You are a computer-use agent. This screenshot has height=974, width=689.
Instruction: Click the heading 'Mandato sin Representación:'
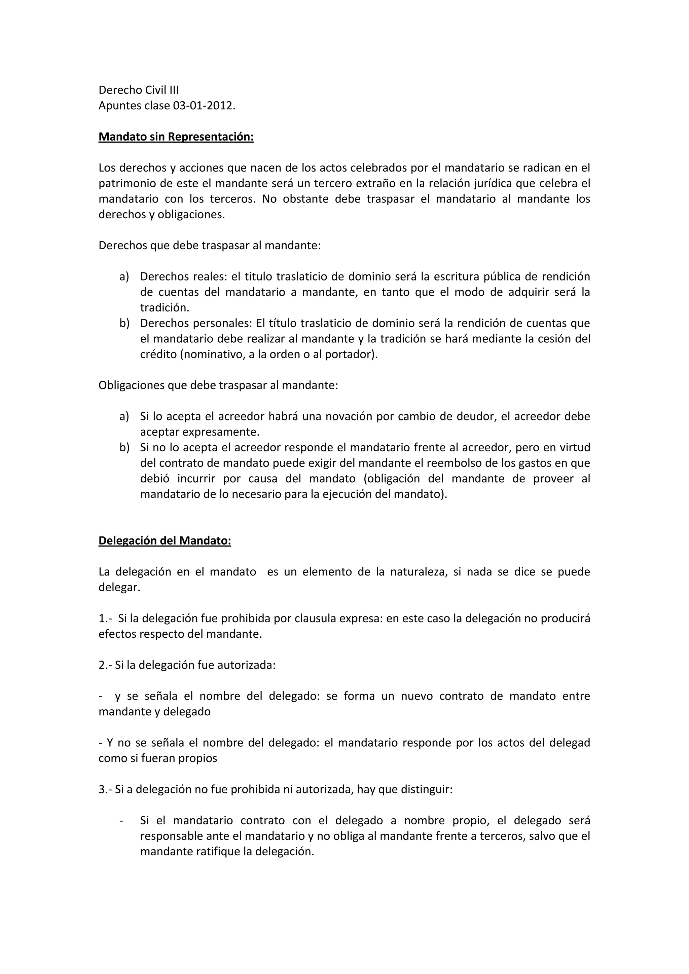pyautogui.click(x=176, y=137)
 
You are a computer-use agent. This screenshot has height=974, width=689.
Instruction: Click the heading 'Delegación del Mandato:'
pyautogui.click(x=165, y=541)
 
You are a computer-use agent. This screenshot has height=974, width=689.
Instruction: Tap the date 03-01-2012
pyautogui.click(x=203, y=106)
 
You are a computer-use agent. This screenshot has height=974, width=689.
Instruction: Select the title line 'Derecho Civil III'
pyautogui.click(x=139, y=90)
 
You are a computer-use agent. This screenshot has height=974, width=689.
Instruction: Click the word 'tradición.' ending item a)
pyautogui.click(x=165, y=307)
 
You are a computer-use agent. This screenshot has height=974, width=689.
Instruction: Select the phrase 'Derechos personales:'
pyautogui.click(x=196, y=323)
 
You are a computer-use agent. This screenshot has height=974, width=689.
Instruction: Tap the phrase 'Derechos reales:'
pyautogui.click(x=184, y=276)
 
